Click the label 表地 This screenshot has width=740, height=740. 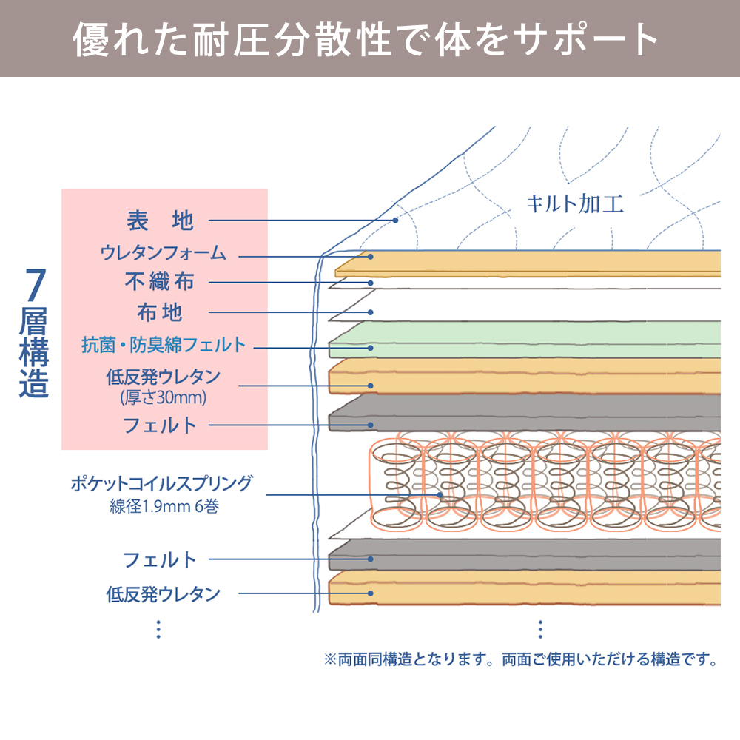pyautogui.click(x=160, y=221)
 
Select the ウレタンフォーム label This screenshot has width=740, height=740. pyautogui.click(x=164, y=253)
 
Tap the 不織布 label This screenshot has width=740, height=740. pyautogui.click(x=160, y=282)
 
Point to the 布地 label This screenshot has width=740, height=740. pyautogui.click(x=160, y=312)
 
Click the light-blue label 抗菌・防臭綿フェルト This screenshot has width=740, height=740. pyautogui.click(x=164, y=345)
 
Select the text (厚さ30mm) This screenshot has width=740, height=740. pyautogui.click(x=164, y=397)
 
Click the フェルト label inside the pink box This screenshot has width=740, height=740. pyautogui.click(x=160, y=425)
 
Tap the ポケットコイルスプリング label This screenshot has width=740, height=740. pyautogui.click(x=161, y=484)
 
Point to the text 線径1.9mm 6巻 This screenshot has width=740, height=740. pyautogui.click(x=164, y=506)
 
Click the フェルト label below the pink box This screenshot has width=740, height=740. pyautogui.click(x=160, y=559)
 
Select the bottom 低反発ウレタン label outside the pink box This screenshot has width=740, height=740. pyautogui.click(x=164, y=593)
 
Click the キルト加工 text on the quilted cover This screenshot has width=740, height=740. pyautogui.click(x=575, y=204)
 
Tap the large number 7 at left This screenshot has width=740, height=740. pyautogui.click(x=35, y=285)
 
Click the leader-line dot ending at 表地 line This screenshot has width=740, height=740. pyautogui.click(x=395, y=221)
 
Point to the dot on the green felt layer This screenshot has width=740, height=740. pyautogui.click(x=371, y=348)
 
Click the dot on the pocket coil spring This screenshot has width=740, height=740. pyautogui.click(x=440, y=495)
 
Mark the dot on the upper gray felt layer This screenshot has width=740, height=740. pyautogui.click(x=371, y=425)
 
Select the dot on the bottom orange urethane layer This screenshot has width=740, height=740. pyautogui.click(x=371, y=593)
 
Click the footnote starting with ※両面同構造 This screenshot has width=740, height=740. pyautogui.click(x=521, y=659)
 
